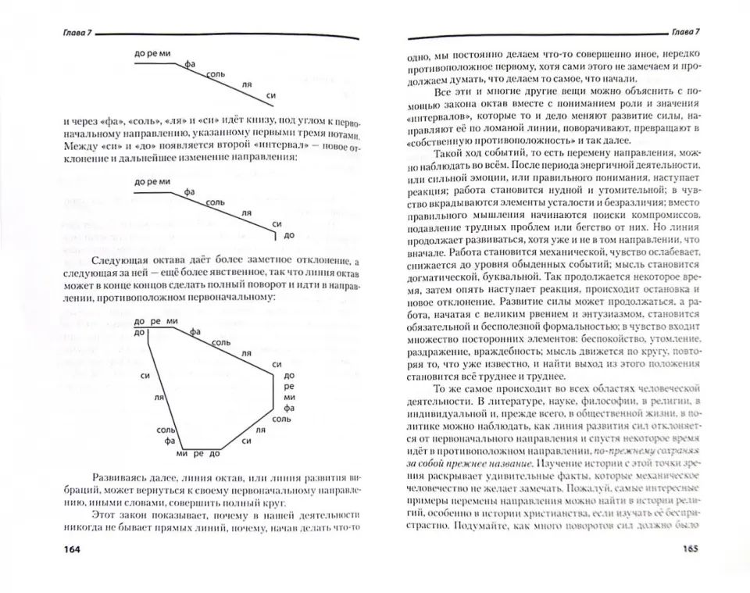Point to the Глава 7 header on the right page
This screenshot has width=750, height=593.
(x=686, y=32)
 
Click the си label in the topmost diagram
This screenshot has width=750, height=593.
(x=271, y=95)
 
